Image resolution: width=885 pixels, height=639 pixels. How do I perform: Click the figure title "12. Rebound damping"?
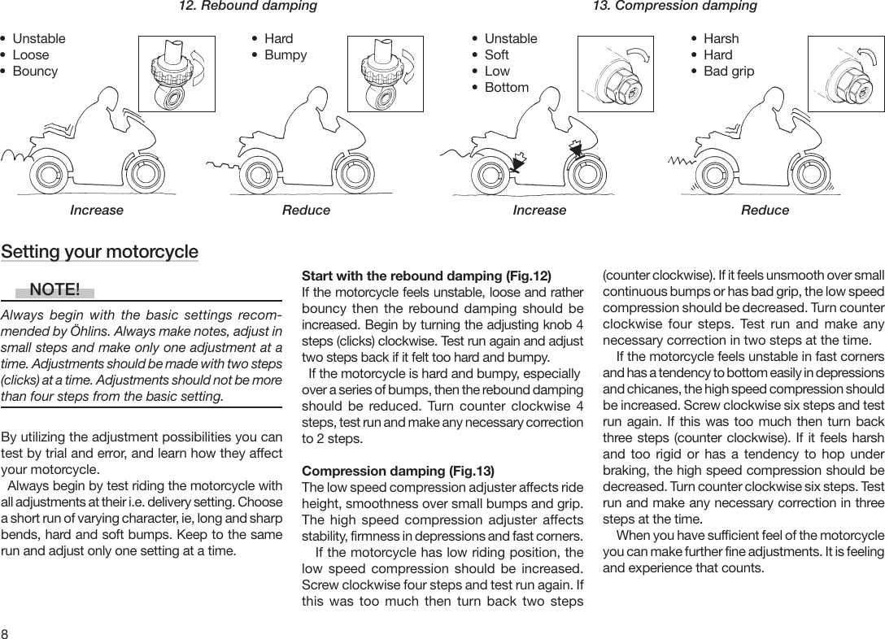coord(247,7)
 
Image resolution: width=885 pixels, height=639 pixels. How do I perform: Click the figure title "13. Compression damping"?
coord(674,7)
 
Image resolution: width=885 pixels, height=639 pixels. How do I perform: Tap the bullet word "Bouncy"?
coord(35,72)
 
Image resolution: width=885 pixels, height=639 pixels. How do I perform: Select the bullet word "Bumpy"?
coord(286,55)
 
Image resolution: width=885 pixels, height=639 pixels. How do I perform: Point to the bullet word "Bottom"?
coord(506,88)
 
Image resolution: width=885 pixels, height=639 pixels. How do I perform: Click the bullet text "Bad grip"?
coord(728,72)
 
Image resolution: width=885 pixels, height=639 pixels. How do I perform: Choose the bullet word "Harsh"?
coord(721,39)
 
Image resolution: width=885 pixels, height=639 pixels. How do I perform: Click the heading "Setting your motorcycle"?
coord(99,251)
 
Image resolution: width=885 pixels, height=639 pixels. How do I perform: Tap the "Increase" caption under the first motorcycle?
coord(97,211)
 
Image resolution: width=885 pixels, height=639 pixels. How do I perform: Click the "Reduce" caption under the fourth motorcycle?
coord(765,211)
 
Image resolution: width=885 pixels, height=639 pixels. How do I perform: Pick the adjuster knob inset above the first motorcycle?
coord(176,73)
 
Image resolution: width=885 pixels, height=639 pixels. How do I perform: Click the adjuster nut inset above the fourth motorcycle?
coord(845,73)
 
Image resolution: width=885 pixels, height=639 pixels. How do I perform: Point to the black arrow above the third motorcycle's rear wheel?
coord(515,162)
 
